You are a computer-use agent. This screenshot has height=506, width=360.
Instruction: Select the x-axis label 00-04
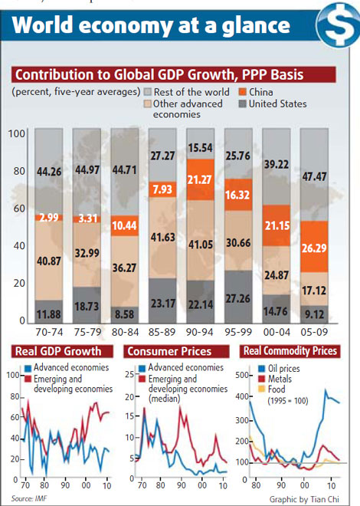click(278, 333)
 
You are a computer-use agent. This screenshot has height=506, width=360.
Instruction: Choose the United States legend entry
click(273, 103)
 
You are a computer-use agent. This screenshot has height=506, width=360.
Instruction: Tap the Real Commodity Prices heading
click(289, 352)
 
